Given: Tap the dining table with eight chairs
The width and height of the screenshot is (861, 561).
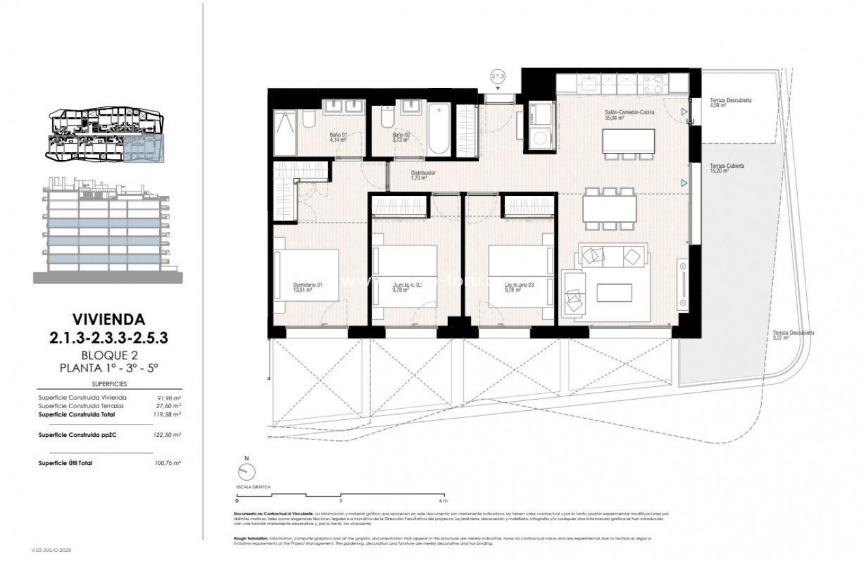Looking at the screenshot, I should pyautogui.click(x=609, y=209).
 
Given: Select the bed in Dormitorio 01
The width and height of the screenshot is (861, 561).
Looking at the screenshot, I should pyautogui.click(x=307, y=274).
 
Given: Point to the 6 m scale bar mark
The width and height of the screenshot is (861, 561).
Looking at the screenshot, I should pyautogui.click(x=443, y=501).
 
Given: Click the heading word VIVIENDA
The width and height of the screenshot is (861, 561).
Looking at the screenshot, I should pyautogui.click(x=99, y=320).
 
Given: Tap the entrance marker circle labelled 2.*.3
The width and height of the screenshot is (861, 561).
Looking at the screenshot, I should pyautogui.click(x=498, y=77).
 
